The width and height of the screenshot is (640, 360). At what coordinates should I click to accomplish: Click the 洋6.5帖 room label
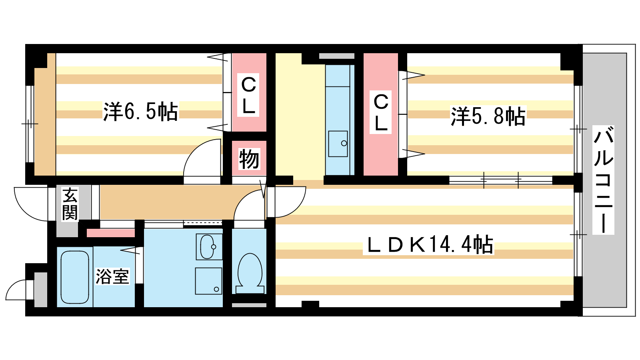(140, 112)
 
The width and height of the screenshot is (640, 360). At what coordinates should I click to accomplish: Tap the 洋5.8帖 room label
(488, 116)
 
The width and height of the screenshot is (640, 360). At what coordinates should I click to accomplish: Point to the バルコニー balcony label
(603, 180)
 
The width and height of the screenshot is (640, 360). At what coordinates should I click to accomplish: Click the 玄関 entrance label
(70, 204)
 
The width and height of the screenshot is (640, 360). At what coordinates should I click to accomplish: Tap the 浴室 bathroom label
(112, 276)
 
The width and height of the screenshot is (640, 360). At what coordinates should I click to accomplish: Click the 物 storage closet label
(249, 159)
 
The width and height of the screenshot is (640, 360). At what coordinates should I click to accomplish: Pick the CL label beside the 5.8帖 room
(381, 112)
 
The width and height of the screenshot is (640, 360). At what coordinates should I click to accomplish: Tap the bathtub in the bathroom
(75, 277)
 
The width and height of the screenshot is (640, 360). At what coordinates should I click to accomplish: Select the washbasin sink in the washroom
(208, 247)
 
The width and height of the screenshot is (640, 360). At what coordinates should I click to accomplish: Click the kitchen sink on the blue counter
(338, 144)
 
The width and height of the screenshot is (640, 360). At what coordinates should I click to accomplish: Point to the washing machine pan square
(208, 281)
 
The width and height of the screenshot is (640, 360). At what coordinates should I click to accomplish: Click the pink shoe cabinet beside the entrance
(111, 233)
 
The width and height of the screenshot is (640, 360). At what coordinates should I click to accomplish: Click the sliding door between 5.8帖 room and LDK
(500, 180)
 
